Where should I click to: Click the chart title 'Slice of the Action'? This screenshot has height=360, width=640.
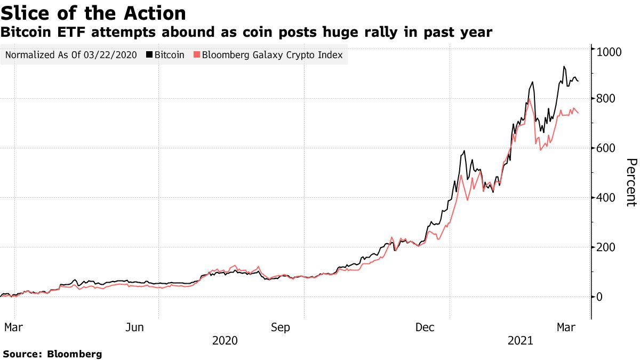tap(93, 13)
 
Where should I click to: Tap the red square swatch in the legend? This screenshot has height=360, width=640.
tap(197, 55)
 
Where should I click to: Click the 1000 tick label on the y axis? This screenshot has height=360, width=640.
tap(609, 52)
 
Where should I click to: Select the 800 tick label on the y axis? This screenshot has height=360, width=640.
tap(606, 99)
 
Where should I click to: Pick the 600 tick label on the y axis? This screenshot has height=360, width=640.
tap(606, 148)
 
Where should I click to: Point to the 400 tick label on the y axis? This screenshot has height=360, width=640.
tap(606, 198)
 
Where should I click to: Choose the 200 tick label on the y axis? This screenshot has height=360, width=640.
tap(606, 247)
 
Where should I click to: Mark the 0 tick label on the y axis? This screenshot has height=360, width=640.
tap(600, 297)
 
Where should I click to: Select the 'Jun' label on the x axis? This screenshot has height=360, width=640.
tap(134, 327)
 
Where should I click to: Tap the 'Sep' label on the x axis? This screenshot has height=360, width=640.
tap(281, 327)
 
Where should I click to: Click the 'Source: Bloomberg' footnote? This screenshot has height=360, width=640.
tap(52, 354)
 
